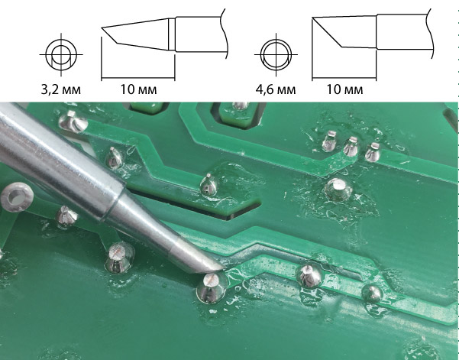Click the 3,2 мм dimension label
click(60, 89)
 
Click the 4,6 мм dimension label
click(276, 89)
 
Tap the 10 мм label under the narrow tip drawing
click(138, 89)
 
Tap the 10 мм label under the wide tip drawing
click(344, 89)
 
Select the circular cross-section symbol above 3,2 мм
click(61, 55)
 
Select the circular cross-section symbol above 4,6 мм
click(276, 55)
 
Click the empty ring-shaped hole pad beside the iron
click(17, 197)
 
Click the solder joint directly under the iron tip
click(212, 287)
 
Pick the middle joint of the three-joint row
click(351, 147)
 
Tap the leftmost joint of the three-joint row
click(330, 141)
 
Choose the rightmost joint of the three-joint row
click(373, 152)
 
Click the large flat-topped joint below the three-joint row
click(338, 189)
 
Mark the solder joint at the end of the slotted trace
click(209, 185)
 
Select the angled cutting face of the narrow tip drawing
click(109, 35)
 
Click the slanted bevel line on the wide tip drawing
click(327, 32)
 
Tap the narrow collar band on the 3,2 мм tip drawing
click(172, 34)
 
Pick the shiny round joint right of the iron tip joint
click(309, 275)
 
